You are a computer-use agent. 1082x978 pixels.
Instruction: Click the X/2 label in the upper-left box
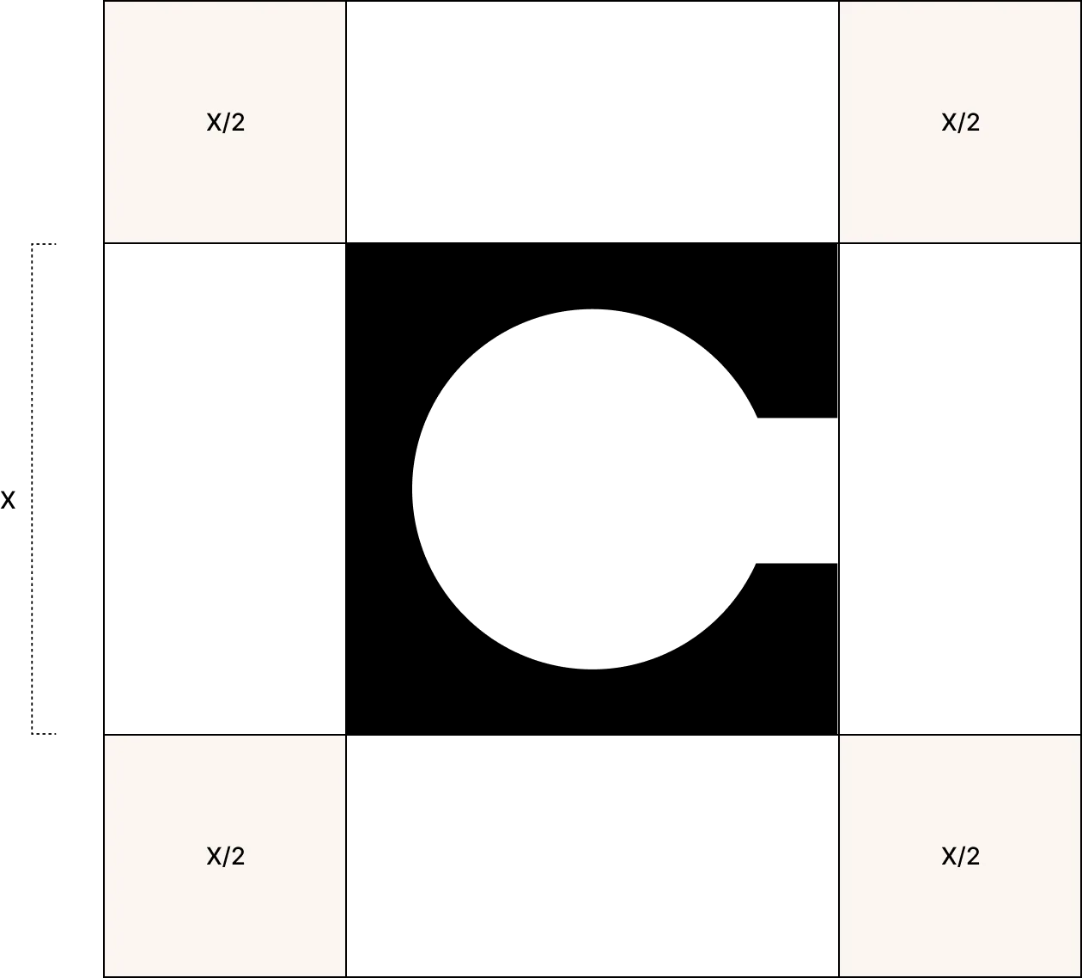pyautogui.click(x=226, y=123)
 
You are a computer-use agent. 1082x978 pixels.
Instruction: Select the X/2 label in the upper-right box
pyautogui.click(x=960, y=123)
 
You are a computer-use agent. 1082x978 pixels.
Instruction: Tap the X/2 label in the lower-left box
pyautogui.click(x=226, y=857)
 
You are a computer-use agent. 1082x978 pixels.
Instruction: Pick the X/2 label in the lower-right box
pyautogui.click(x=960, y=857)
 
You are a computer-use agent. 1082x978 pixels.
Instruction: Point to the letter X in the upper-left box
pyautogui.click(x=214, y=123)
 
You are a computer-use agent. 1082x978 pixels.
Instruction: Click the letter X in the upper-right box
pyautogui.click(x=949, y=123)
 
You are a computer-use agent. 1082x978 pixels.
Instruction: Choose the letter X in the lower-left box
pyautogui.click(x=214, y=857)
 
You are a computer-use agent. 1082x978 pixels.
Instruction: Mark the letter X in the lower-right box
pyautogui.click(x=949, y=857)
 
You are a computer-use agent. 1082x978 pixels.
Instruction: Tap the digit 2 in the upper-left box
pyautogui.click(x=238, y=123)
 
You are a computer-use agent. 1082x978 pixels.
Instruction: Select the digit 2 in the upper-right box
pyautogui.click(x=972, y=123)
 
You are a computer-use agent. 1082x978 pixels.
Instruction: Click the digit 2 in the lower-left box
pyautogui.click(x=238, y=857)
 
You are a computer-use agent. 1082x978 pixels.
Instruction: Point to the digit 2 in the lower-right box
pyautogui.click(x=972, y=857)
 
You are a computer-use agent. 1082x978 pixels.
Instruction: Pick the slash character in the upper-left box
pyautogui.click(x=227, y=123)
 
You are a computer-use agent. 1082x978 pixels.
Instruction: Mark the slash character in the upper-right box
pyautogui.click(x=961, y=123)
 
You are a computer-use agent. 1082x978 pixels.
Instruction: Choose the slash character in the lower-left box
pyautogui.click(x=227, y=857)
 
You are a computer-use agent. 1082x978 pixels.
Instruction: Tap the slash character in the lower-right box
pyautogui.click(x=961, y=857)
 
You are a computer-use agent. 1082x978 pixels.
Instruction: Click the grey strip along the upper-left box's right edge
pyautogui.click(x=348, y=122)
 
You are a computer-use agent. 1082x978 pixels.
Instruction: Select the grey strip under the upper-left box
pyautogui.click(x=226, y=245)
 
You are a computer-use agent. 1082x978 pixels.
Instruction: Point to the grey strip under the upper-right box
pyautogui.click(x=960, y=245)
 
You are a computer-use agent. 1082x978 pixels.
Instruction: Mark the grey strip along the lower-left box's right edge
pyautogui.click(x=348, y=856)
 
